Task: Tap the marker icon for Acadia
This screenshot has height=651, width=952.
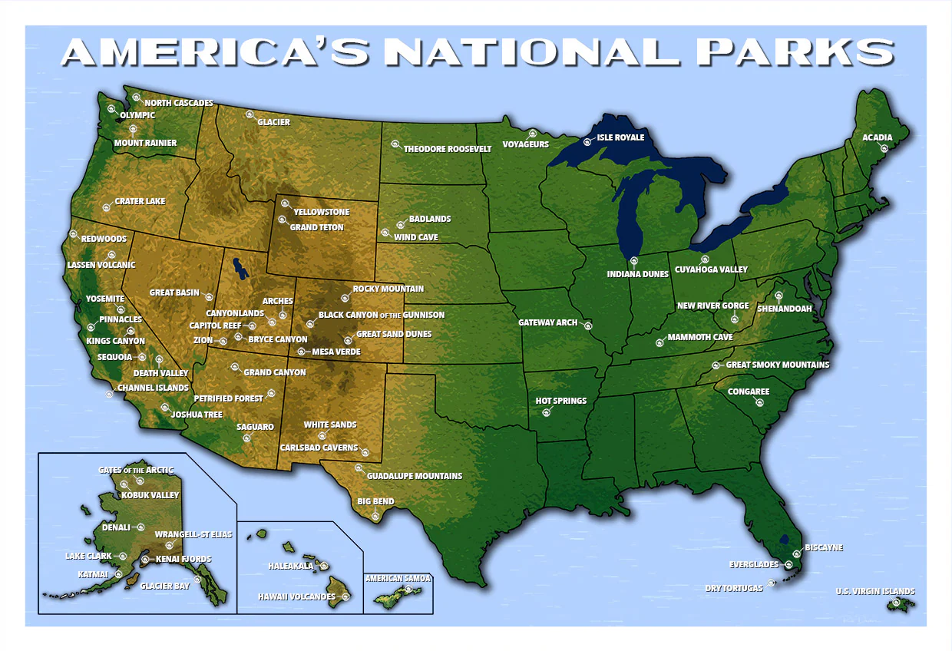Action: tap(883, 148)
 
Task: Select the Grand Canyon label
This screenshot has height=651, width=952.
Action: tap(275, 373)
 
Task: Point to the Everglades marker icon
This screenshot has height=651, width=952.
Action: tap(788, 565)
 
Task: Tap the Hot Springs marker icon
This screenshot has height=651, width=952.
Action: tap(547, 412)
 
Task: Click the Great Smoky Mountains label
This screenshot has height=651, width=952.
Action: tap(778, 365)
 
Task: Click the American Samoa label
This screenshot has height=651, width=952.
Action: tap(398, 579)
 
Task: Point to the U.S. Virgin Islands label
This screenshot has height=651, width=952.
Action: tap(875, 592)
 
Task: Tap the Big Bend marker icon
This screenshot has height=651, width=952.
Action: tap(375, 517)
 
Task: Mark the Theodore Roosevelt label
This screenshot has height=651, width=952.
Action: tap(447, 149)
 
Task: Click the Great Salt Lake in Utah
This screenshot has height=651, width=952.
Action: tap(240, 268)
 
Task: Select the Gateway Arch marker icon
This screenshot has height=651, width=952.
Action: tap(588, 325)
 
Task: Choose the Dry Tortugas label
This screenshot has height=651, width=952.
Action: tap(734, 589)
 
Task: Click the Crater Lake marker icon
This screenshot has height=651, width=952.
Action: tap(107, 207)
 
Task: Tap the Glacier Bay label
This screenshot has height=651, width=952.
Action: tap(165, 586)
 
